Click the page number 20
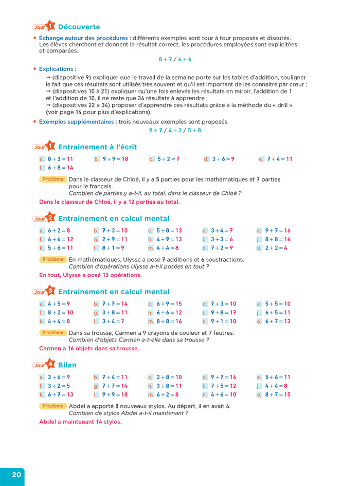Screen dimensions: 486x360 click(16, 475)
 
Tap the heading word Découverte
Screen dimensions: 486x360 click(79, 27)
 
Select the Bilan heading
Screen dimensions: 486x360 click(67, 365)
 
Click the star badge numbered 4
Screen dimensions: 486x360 click(50, 365)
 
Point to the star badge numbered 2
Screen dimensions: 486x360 click(50, 218)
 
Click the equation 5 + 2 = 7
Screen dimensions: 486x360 click(168, 159)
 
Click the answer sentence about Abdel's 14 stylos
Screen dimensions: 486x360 click(80, 422)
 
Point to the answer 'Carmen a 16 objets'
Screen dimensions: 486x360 click(89, 348)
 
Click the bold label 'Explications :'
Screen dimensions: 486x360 click(58, 68)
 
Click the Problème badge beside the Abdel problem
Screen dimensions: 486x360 click(53, 406)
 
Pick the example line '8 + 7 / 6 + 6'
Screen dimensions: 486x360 click(174, 59)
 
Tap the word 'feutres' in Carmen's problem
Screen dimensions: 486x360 click(223, 333)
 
